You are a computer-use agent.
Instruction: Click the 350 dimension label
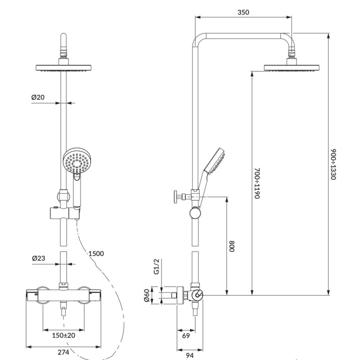point(243,12)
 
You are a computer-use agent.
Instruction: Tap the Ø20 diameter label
point(38,98)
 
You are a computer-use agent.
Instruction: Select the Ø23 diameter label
point(38,258)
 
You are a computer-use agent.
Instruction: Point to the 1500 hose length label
point(96,253)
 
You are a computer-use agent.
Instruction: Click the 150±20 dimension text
point(63,335)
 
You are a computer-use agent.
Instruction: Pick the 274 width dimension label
point(63,352)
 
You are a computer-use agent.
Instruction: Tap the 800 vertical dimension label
point(232,245)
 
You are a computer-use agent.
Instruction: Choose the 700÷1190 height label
point(256,183)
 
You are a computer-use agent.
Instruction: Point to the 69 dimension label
point(185,335)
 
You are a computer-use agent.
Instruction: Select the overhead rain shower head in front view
point(63,68)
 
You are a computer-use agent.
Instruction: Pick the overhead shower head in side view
point(291,67)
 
